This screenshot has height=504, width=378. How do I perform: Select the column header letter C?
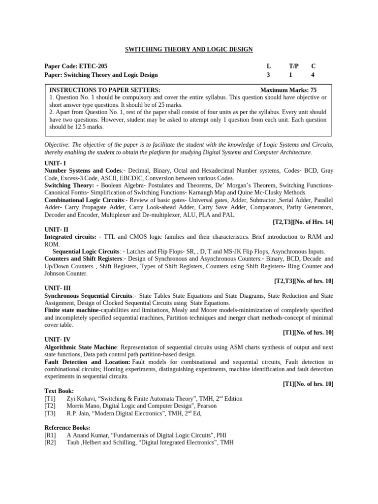coord(313,66)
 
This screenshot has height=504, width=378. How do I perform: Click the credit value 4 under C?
coord(313,75)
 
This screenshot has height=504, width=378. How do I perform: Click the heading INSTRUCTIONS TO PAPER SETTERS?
coord(105,90)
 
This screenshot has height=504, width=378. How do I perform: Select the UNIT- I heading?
coord(55,163)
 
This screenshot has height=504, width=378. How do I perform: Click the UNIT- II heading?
coord(56,229)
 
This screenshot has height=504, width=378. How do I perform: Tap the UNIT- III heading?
coord(57,288)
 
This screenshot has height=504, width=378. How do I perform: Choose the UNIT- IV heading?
coord(57,340)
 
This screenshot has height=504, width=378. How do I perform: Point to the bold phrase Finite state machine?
coord(72,310)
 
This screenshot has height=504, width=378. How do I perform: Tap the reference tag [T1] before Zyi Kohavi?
coord(50,399)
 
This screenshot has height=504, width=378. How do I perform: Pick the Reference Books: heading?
coord(67,428)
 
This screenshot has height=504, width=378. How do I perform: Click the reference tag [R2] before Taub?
coord(50,442)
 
